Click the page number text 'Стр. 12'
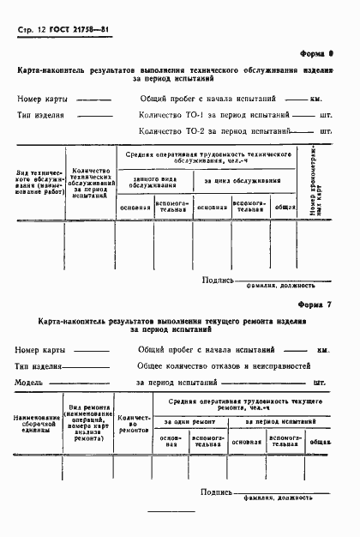point(32,29)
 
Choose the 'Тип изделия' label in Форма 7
point(38,365)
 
